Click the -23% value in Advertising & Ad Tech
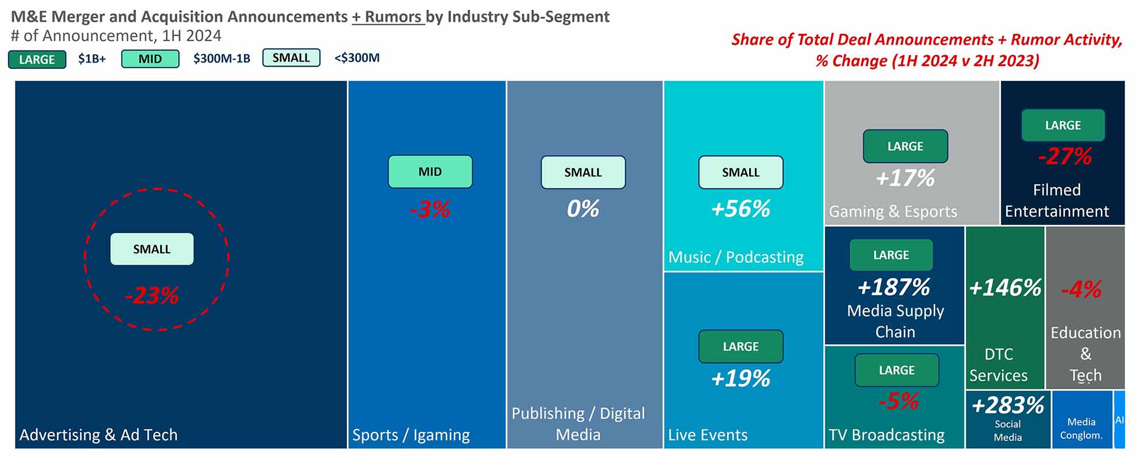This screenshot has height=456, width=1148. point(152,296)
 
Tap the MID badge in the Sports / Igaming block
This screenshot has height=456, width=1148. point(430,172)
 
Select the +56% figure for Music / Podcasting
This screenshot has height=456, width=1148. point(740,208)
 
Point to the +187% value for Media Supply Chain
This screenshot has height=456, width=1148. point(894,287)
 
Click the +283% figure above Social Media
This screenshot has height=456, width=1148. point(1007,405)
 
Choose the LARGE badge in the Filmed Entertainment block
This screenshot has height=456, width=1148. point(1062,125)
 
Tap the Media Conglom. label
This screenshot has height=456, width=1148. point(1081,428)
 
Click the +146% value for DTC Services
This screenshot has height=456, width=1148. point(1004,288)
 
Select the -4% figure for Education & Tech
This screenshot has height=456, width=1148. point(1081,289)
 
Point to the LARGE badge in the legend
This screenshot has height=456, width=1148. point(37,59)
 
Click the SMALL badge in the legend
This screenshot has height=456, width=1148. point(291,58)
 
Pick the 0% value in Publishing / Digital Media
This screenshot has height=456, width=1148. point(583,208)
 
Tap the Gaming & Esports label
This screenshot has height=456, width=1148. point(893,211)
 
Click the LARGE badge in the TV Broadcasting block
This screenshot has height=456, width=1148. point(897,370)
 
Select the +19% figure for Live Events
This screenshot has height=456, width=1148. point(740,378)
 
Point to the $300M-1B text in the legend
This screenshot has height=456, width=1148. point(222,59)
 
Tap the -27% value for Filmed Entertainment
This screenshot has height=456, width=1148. point(1065,156)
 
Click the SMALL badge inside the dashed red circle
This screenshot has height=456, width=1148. point(152,249)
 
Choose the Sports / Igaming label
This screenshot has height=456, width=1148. point(411,435)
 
